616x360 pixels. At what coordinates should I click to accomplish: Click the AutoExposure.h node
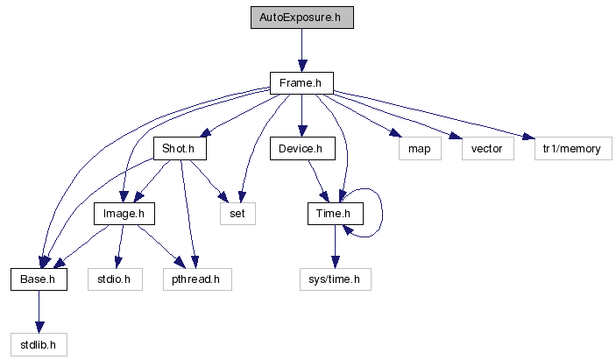coord(301,18)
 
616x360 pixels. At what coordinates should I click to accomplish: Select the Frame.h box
coord(301,83)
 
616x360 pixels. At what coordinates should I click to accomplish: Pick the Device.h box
coord(301,149)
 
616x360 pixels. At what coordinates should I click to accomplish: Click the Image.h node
coord(124,214)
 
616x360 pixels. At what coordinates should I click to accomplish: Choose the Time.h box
coord(334,214)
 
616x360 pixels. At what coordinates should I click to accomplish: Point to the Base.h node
coord(39,279)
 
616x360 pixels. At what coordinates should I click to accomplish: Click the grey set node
coord(237,214)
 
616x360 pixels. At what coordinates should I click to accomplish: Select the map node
coord(419,149)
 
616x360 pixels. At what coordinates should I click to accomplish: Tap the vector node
coord(486,149)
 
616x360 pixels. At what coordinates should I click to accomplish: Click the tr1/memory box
coord(570,149)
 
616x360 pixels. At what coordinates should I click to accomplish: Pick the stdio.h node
coord(114,279)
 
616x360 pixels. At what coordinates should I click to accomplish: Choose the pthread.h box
coord(197,279)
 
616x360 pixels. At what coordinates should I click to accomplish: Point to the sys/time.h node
coord(333,279)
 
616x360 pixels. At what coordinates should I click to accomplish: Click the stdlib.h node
coord(39,344)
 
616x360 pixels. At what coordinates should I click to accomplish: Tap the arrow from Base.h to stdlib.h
coord(39,312)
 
